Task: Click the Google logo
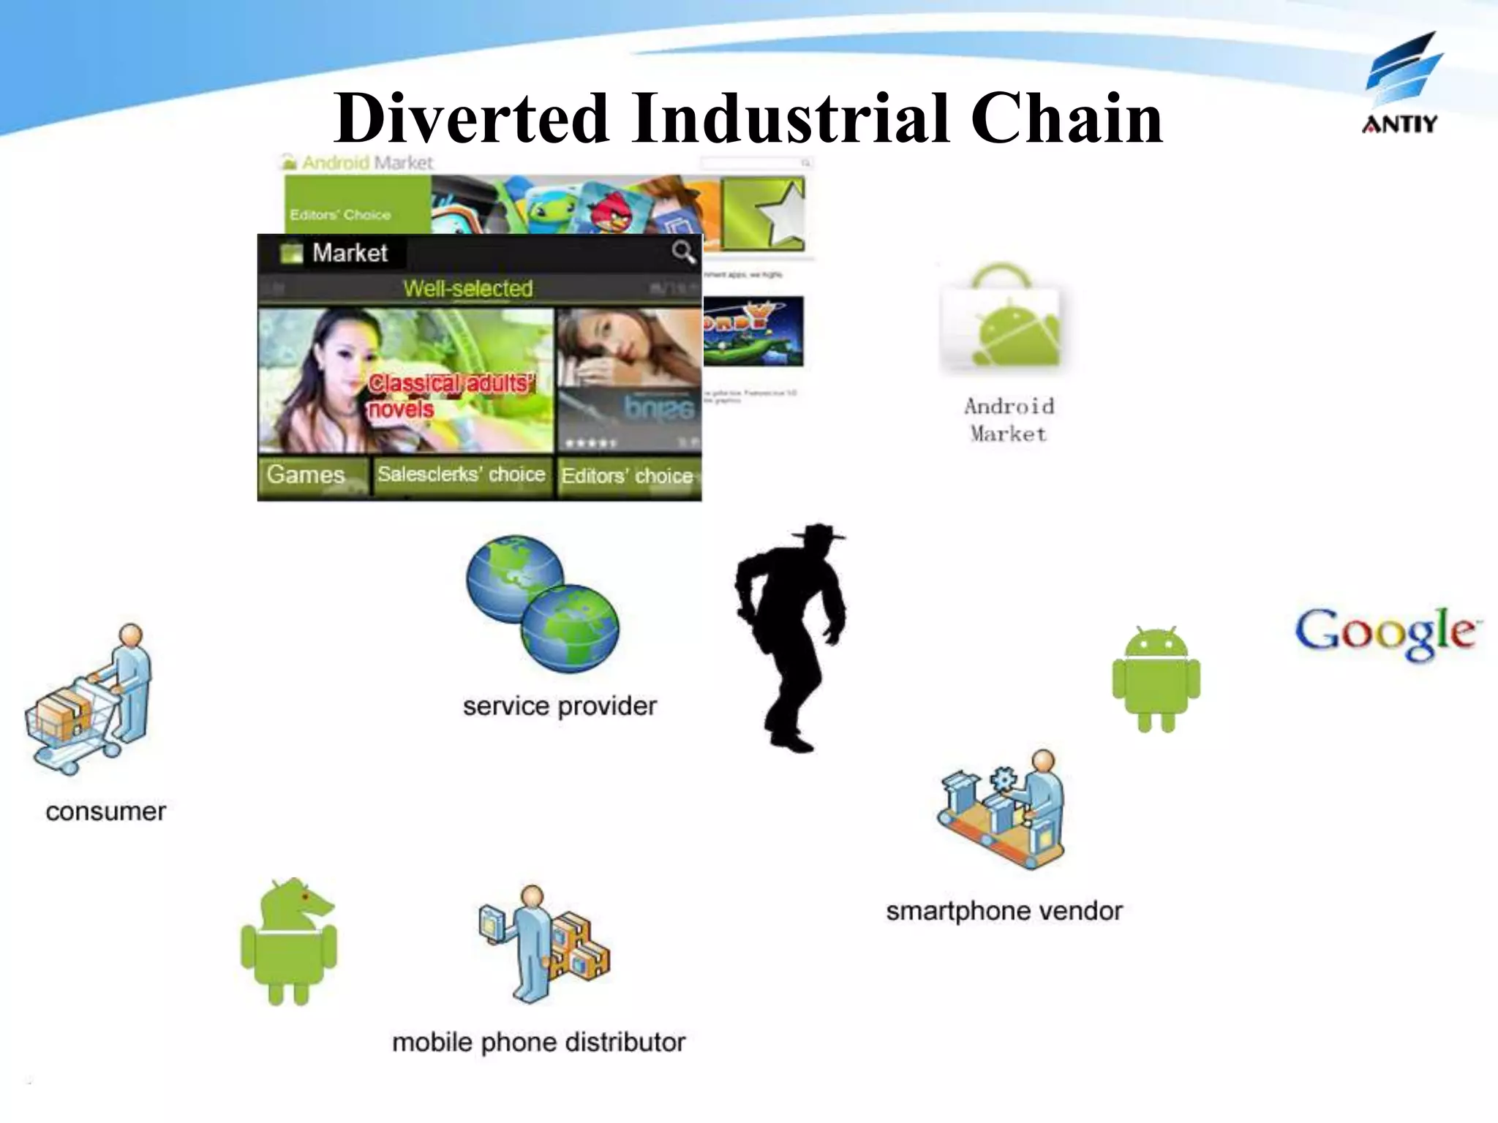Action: coord(1388,633)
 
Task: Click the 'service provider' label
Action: coord(560,706)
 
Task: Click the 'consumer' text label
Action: coord(106,812)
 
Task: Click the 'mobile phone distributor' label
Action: coord(539,1043)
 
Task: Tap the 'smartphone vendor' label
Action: coord(1004,912)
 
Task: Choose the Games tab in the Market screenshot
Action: coord(306,475)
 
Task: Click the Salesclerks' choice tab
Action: coord(462,475)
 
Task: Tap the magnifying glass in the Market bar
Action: coord(683,252)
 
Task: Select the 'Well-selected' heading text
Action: coord(468,289)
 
